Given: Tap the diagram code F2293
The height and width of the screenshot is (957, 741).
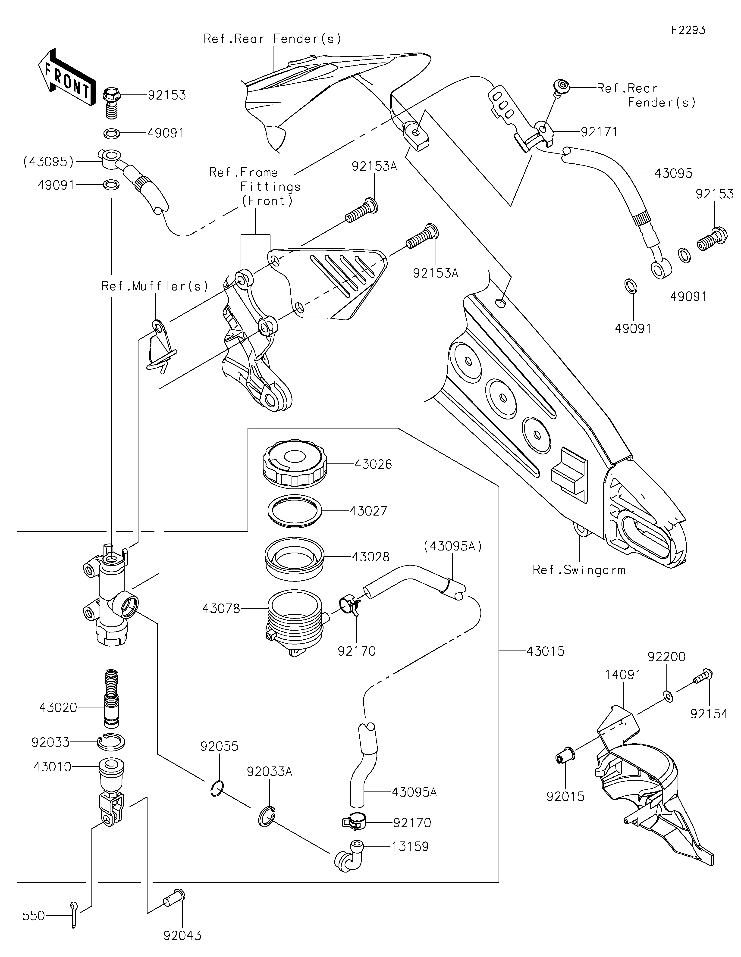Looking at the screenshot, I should (688, 30).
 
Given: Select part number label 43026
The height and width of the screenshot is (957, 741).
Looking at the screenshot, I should (373, 464).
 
